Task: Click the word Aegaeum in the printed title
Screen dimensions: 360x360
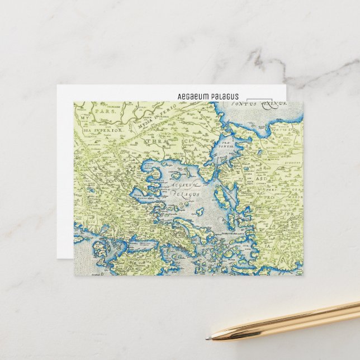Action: [192, 97]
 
